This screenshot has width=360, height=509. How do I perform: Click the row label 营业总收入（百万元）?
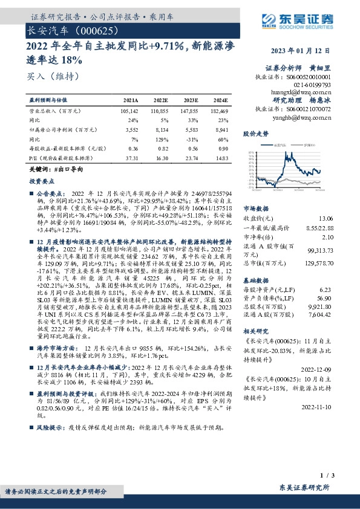pos(56,112)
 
